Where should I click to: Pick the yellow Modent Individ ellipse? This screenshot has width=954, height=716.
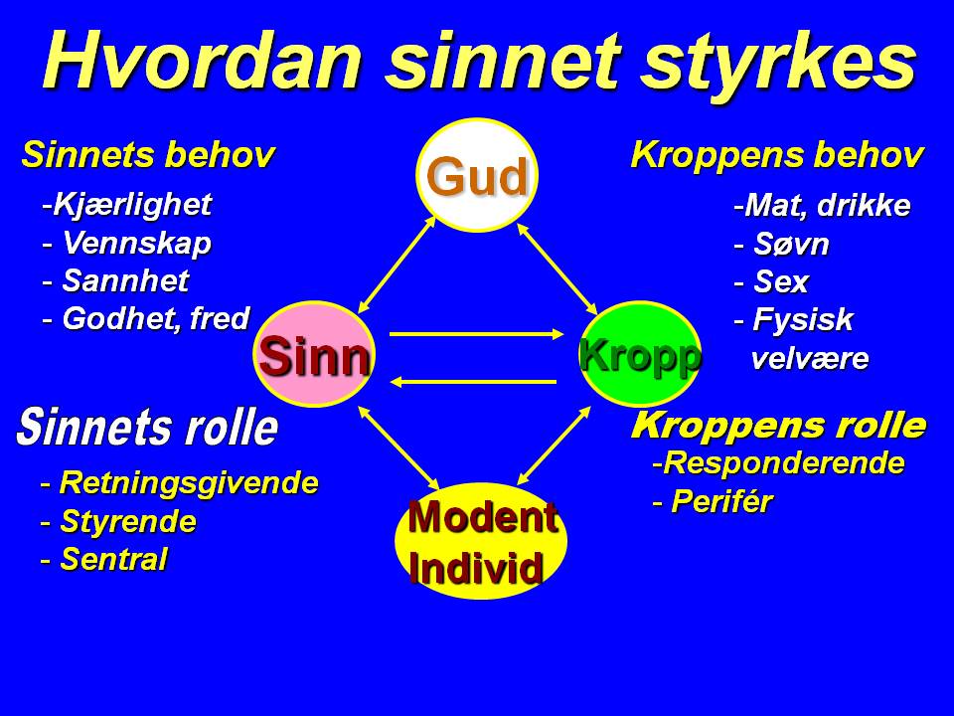pyautogui.click(x=480, y=541)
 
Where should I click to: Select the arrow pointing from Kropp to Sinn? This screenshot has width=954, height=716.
pyautogui.click(x=475, y=381)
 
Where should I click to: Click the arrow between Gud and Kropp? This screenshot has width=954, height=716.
pyautogui.click(x=556, y=268)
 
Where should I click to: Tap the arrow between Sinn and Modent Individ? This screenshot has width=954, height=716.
pyautogui.click(x=397, y=446)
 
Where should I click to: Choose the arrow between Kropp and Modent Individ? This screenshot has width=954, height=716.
pyautogui.click(x=554, y=444)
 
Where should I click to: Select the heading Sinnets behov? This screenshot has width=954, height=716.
pyautogui.click(x=147, y=156)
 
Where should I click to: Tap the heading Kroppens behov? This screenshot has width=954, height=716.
pyautogui.click(x=777, y=156)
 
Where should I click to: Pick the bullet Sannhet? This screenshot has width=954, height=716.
pyautogui.click(x=125, y=281)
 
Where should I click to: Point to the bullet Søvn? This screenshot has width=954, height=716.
pyautogui.click(x=790, y=245)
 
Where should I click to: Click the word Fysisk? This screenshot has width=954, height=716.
pyautogui.click(x=802, y=321)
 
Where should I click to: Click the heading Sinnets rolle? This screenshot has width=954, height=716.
pyautogui.click(x=147, y=428)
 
